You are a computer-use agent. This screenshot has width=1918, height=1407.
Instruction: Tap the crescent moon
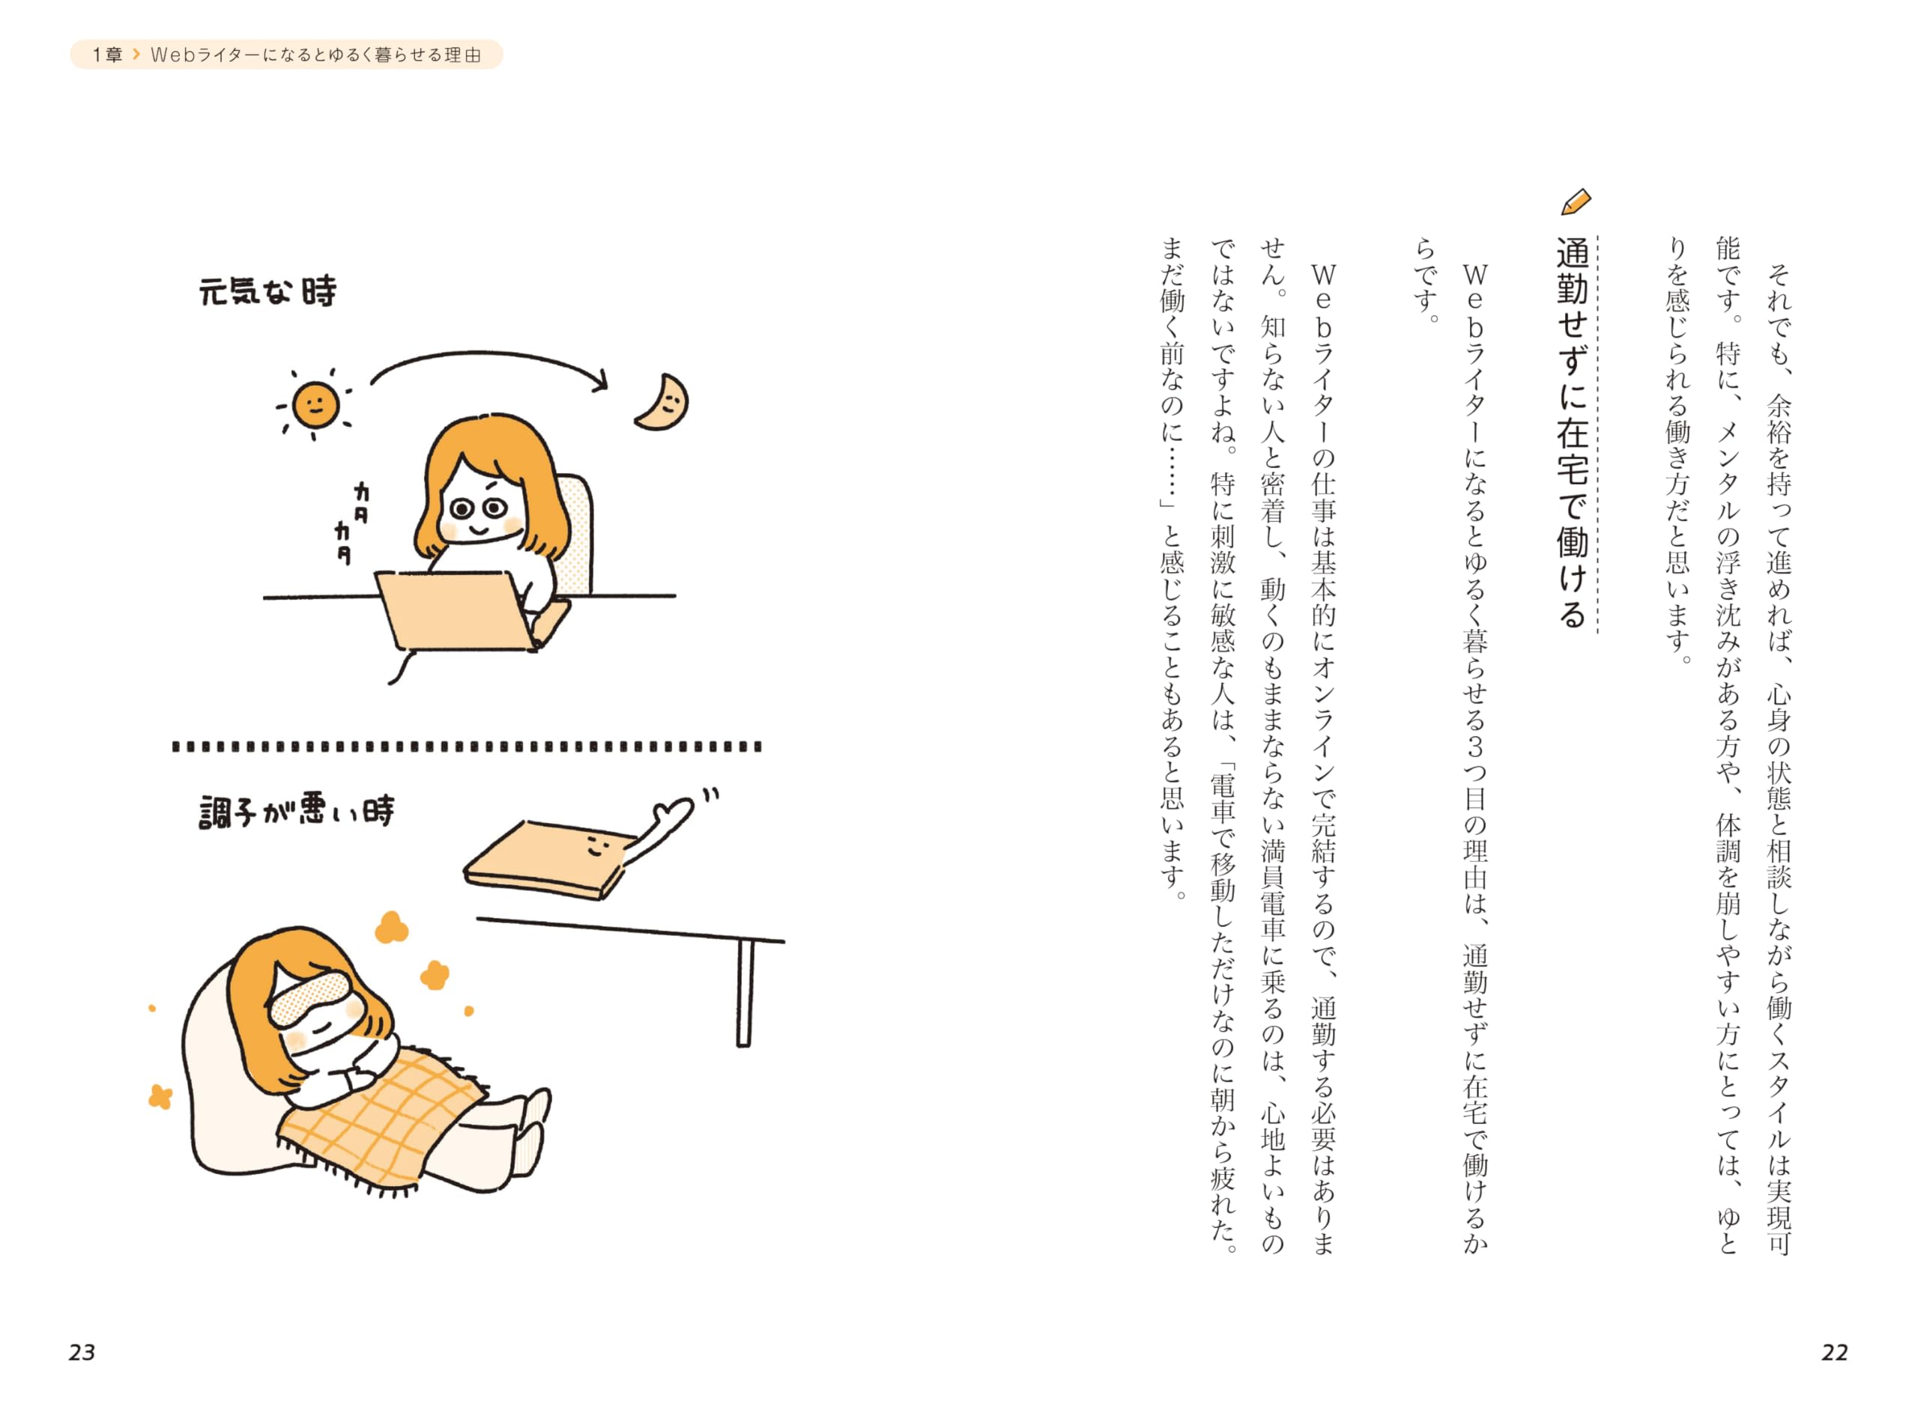(662, 402)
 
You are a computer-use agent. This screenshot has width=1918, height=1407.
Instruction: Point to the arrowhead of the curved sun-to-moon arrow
(600, 380)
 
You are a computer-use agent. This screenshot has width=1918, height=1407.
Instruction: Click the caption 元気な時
(267, 291)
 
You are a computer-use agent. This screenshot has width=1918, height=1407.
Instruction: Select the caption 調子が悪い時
(297, 811)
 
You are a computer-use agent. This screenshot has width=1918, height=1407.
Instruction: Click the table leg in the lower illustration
(745, 992)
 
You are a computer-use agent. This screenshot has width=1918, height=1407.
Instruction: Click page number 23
(82, 1352)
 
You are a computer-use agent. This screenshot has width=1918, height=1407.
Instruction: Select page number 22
(1835, 1352)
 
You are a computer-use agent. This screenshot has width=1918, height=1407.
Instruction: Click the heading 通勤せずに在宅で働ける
(1573, 434)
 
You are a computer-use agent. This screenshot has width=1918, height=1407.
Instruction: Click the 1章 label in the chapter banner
(107, 55)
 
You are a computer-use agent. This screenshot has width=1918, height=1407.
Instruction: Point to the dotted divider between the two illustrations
(467, 747)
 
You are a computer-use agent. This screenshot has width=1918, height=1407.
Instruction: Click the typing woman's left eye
(461, 509)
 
